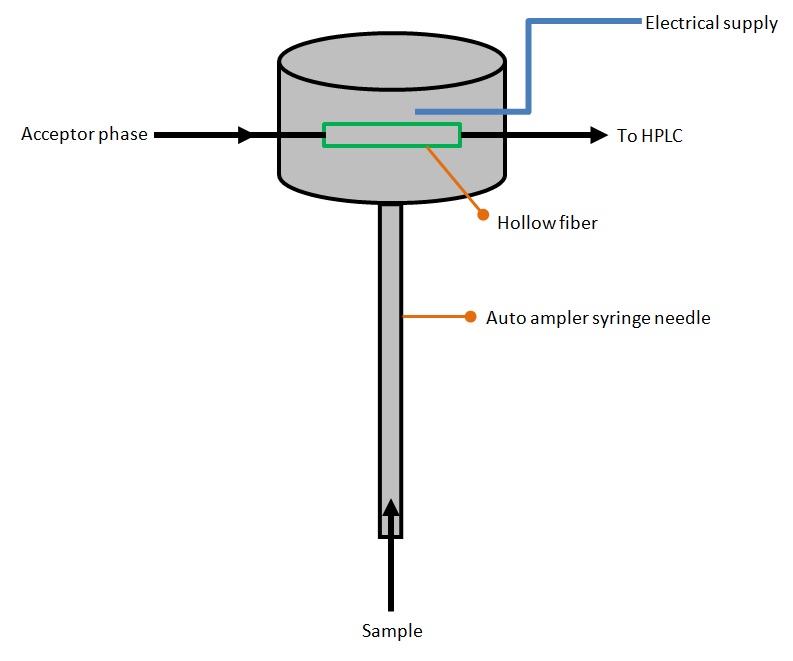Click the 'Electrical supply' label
tap(712, 23)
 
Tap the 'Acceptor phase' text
tap(84, 134)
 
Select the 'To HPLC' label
tap(649, 135)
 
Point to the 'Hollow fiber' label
tap(547, 222)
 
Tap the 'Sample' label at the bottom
tap(391, 631)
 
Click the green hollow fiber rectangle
tap(391, 134)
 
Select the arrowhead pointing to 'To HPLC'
tap(599, 134)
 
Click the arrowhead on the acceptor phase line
tap(246, 134)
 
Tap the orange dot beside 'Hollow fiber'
tap(481, 214)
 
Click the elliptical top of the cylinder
tap(393, 62)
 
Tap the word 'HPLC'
tap(662, 135)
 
